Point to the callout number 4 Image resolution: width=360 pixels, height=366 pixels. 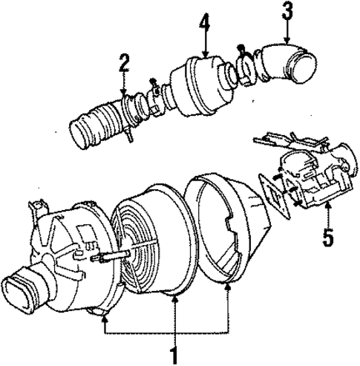click(205, 30)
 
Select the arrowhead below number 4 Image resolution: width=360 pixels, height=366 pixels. click(205, 54)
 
